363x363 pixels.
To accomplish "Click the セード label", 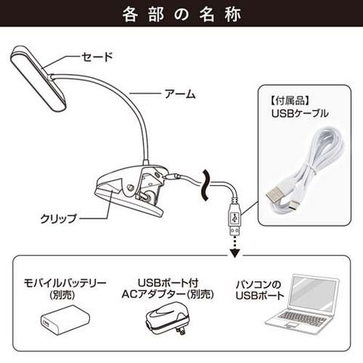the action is pyautogui.click(x=97, y=57).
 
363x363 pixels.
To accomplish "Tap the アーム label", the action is pyautogui.click(x=180, y=94).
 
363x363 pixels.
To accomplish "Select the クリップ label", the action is pyautogui.click(x=58, y=219).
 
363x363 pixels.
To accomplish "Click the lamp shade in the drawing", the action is pyautogui.click(x=38, y=78).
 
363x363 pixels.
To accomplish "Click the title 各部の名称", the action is pyautogui.click(x=181, y=14).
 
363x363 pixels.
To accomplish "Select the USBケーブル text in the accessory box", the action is pyautogui.click(x=299, y=113).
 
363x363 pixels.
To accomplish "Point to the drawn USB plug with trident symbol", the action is pyautogui.click(x=234, y=219).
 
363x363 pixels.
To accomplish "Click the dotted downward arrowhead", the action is pyautogui.click(x=234, y=253).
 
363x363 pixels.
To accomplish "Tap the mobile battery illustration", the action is pyautogui.click(x=65, y=320).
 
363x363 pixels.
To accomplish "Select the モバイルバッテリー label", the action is pyautogui.click(x=65, y=284).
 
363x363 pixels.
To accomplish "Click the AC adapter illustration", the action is pyautogui.click(x=167, y=319).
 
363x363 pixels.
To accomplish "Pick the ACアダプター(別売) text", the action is pyautogui.click(x=168, y=294).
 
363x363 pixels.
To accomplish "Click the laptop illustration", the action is pyautogui.click(x=302, y=304).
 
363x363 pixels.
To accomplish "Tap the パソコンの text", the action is pyautogui.click(x=259, y=284).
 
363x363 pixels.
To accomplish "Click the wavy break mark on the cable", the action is pyautogui.click(x=206, y=185).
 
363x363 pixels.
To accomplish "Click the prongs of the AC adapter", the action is pyautogui.click(x=180, y=330).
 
